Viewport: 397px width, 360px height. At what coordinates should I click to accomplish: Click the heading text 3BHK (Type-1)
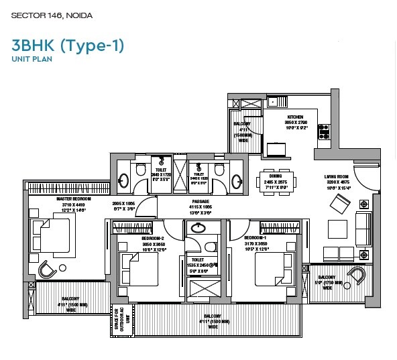[67, 46]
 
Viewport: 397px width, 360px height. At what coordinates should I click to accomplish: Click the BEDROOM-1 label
[258, 239]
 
